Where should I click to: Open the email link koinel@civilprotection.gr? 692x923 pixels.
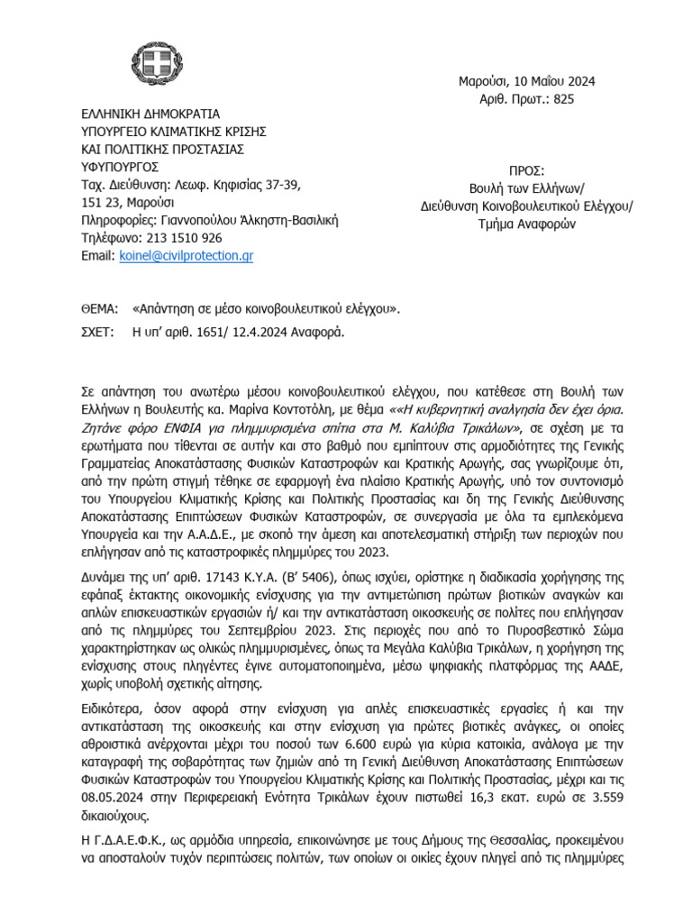[186, 256]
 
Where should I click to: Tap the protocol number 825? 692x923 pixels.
[563, 99]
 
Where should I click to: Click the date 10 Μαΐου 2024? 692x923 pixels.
[550, 81]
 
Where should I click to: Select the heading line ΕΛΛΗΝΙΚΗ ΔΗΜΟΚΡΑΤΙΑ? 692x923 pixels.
[150, 114]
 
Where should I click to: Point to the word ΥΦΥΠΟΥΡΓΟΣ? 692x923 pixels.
[120, 167]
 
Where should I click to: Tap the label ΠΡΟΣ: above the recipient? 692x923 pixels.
[527, 170]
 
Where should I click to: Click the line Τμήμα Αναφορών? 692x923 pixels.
[527, 225]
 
